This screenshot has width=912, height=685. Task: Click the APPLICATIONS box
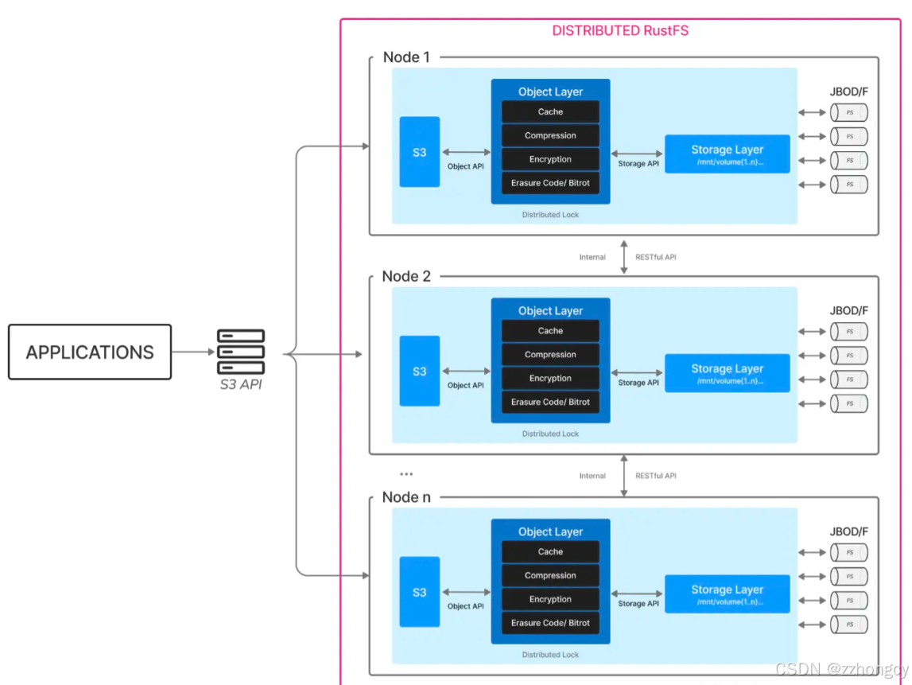pos(90,352)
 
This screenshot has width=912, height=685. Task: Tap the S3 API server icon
pos(241,352)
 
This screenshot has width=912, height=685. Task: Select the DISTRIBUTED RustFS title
pos(620,31)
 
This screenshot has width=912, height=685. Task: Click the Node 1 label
pos(406,57)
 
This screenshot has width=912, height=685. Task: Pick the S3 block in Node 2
pos(419,372)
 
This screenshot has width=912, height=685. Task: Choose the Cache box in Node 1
pos(550,111)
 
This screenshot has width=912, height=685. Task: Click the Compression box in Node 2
pos(550,354)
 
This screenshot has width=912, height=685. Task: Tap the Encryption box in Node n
pos(550,599)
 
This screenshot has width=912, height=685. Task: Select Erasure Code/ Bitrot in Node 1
pos(550,183)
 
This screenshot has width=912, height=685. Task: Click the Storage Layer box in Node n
pos(727,594)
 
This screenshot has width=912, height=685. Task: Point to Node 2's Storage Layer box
pos(727,373)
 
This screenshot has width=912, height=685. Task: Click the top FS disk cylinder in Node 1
pos(849,112)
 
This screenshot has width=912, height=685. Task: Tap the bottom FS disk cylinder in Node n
pos(849,625)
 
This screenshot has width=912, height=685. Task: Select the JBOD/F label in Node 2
pos(848,311)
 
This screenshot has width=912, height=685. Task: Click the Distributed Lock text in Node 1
pos(550,215)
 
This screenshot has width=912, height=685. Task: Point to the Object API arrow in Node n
pos(466,592)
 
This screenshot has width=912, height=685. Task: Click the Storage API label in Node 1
pos(638,164)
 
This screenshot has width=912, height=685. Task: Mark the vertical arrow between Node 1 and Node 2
pos(623,257)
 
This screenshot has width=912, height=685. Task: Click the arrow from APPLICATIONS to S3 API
pos(193,352)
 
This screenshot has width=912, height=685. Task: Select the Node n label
pos(406,497)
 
